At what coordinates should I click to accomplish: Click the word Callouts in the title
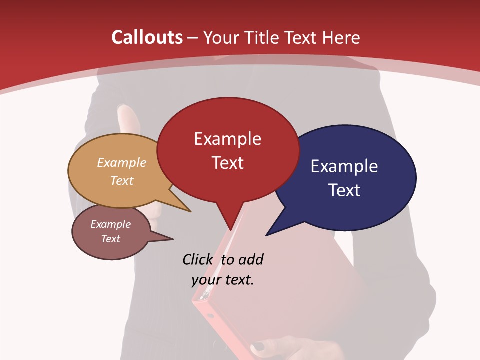(147, 37)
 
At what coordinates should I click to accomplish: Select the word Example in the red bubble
(227, 139)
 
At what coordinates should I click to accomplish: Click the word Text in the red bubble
(227, 163)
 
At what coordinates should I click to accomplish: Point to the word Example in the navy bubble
(344, 166)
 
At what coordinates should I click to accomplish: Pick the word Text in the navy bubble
(344, 190)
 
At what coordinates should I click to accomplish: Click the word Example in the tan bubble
(122, 163)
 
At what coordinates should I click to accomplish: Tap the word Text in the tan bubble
(122, 180)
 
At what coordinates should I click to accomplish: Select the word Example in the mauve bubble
(110, 224)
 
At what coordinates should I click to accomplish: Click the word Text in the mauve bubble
(110, 239)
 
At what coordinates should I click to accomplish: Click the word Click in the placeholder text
(198, 260)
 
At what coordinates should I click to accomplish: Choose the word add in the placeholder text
(251, 260)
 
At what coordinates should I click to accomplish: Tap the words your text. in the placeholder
(223, 280)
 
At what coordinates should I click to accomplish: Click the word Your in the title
(221, 37)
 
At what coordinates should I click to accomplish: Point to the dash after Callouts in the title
(193, 37)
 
